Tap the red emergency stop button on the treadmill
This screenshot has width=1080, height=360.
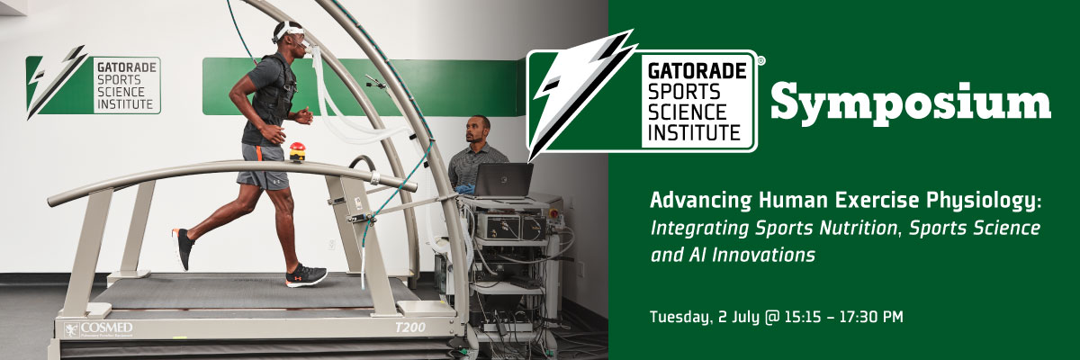click(x=297, y=148)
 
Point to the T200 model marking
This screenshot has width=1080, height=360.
click(x=410, y=328)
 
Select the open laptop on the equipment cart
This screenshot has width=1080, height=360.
click(x=503, y=180)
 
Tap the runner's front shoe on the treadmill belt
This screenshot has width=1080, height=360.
click(x=306, y=275)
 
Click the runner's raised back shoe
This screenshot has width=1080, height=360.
click(x=183, y=248)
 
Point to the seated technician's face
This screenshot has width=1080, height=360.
click(x=476, y=130)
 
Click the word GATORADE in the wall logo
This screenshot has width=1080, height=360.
click(x=127, y=67)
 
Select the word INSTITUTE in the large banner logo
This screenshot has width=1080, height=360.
click(x=694, y=132)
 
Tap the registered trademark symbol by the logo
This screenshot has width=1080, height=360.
click(x=760, y=61)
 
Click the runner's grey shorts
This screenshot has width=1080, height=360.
click(x=263, y=166)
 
